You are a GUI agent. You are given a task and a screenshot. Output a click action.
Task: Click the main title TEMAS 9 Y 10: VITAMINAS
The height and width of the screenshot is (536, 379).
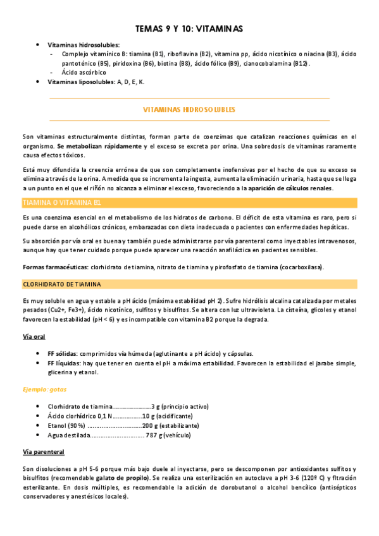tap(189, 29)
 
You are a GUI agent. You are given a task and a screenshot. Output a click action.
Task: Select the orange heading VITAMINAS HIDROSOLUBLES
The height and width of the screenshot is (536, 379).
tap(189, 110)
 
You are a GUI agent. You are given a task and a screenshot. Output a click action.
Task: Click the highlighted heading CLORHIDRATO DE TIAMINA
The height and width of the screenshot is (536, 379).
tap(62, 284)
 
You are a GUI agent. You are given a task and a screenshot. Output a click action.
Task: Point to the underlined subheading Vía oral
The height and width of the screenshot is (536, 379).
tap(35, 337)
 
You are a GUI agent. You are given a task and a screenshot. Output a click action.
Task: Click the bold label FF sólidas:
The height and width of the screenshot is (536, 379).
tap(63, 353)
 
